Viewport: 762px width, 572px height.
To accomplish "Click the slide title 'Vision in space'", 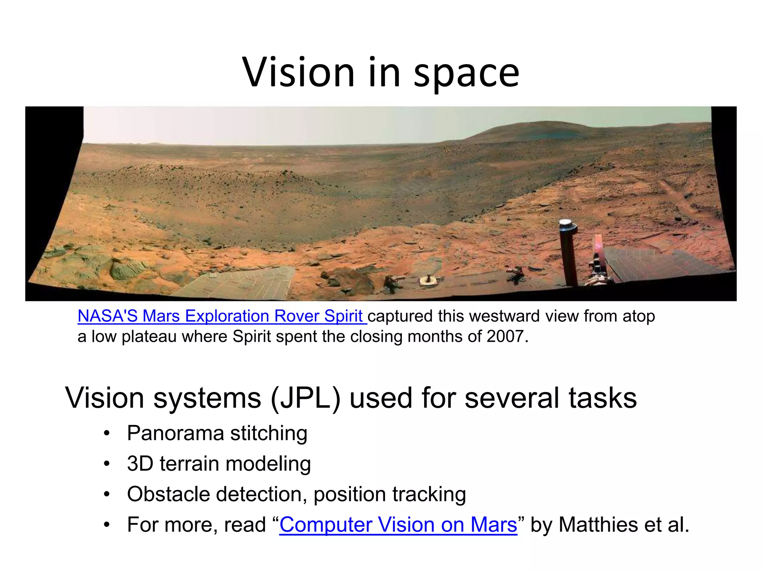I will [381, 72].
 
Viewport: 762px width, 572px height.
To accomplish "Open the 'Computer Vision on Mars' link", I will [398, 525].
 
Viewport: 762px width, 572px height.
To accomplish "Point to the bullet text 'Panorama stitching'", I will [217, 433].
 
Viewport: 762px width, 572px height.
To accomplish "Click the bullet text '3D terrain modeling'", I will [219, 464].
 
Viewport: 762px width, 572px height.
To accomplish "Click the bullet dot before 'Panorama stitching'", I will [107, 433].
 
